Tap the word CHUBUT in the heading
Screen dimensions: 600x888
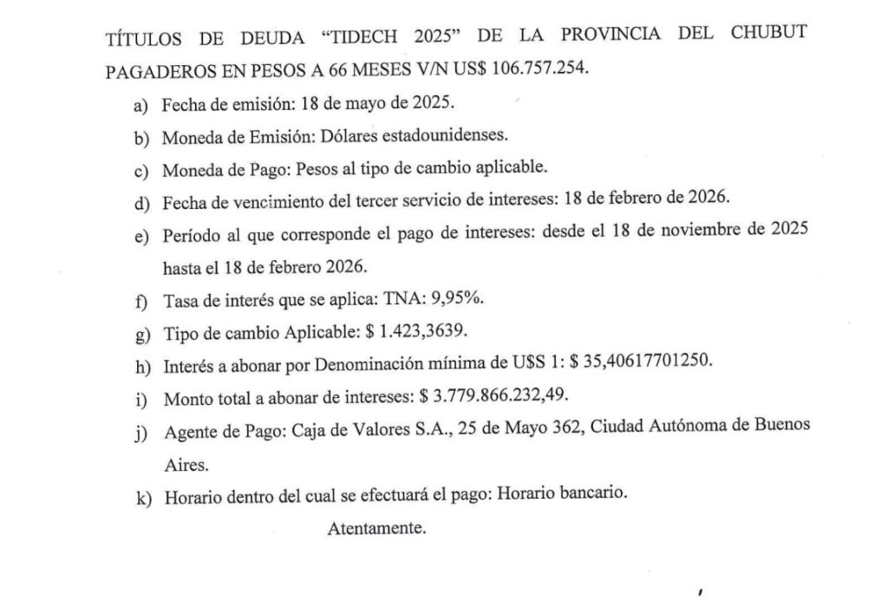766,36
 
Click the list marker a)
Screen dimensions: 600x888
141,105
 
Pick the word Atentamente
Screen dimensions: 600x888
376,528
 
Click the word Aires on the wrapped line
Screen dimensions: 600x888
185,463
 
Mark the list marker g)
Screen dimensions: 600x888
141,333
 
